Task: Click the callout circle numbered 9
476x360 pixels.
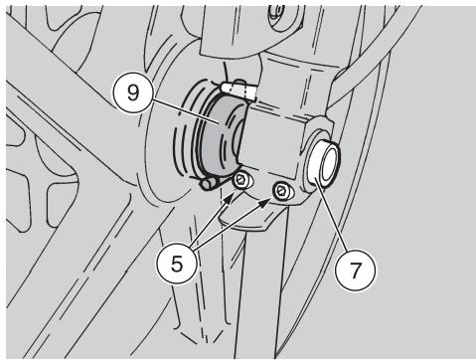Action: pyautogui.click(x=133, y=92)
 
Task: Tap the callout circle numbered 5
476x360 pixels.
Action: pyautogui.click(x=177, y=264)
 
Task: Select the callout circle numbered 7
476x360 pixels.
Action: pyautogui.click(x=355, y=270)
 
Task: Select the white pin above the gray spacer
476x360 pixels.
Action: pyautogui.click(x=238, y=90)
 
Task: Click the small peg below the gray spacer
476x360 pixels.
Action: pyautogui.click(x=208, y=183)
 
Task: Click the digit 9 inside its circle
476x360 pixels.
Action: pyautogui.click(x=133, y=93)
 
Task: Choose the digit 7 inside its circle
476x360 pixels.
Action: pyautogui.click(x=356, y=270)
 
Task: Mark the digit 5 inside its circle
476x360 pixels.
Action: pyautogui.click(x=177, y=265)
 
